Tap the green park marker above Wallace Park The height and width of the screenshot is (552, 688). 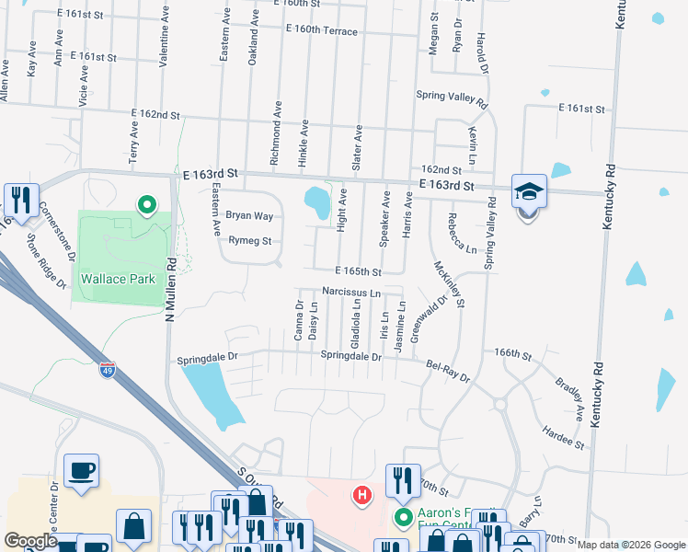coord(145,205)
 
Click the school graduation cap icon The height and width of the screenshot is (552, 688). coord(529,191)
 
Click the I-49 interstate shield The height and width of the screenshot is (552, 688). coord(109,371)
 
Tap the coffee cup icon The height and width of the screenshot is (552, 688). coord(81,471)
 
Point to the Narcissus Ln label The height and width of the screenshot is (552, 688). coord(351,293)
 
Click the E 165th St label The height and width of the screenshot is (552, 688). coord(358,272)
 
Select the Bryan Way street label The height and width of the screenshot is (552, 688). coord(250,216)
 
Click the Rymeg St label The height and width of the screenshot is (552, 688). coord(250,242)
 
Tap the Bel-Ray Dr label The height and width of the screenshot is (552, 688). coord(448,371)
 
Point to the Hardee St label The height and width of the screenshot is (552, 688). coord(563,437)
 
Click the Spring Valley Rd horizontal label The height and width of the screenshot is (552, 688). coord(451,94)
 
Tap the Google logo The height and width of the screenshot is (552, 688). coord(30,541)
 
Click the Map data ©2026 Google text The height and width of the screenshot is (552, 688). coord(630,546)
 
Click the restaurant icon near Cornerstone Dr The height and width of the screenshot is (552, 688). coord(18,199)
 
